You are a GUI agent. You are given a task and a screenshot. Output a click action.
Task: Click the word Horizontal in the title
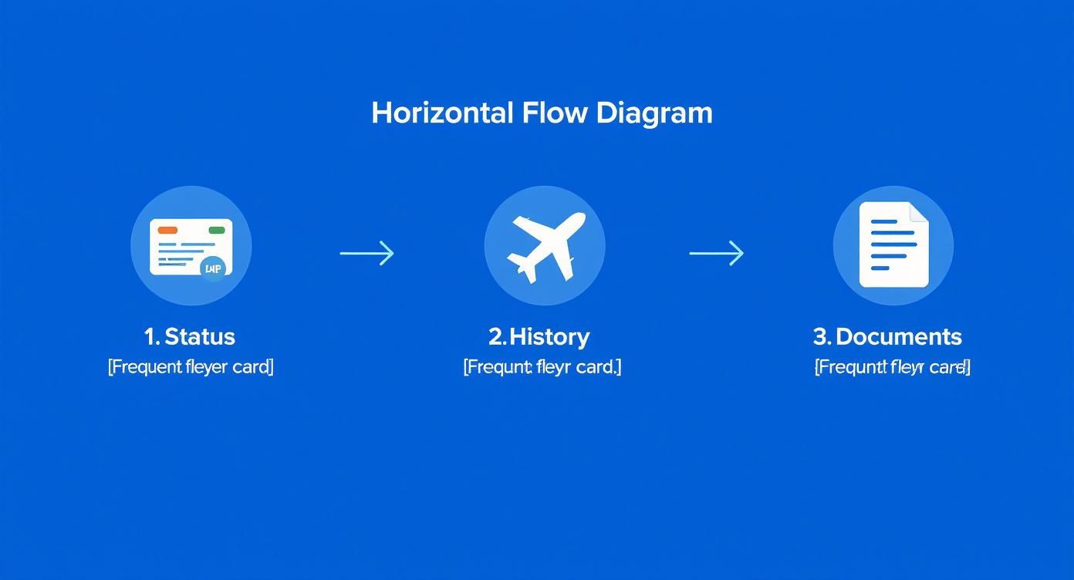point(442,113)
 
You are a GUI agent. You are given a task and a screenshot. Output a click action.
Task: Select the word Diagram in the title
point(654,113)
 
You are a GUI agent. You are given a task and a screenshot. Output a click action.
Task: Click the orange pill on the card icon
point(167,230)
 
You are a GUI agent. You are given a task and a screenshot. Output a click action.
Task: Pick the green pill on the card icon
point(217,230)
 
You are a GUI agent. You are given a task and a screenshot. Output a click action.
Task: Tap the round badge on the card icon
point(213,268)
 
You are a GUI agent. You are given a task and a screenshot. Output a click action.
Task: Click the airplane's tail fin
point(525,271)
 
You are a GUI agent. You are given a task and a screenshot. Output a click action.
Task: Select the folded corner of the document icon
point(919,211)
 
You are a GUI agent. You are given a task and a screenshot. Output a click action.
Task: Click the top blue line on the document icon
point(883,221)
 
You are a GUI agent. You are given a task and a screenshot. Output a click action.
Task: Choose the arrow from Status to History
point(367,253)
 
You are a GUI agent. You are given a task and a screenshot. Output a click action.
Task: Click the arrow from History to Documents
point(716,253)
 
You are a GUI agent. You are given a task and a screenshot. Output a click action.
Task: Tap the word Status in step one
point(200,336)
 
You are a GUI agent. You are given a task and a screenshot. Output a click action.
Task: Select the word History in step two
point(549,336)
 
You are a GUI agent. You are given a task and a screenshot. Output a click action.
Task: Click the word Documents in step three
point(898,336)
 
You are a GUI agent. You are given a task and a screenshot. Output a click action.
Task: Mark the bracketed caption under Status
point(191,366)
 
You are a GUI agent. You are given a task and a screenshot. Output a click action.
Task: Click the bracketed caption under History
point(542,366)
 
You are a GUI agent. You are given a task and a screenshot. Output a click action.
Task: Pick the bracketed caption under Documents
point(892,366)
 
